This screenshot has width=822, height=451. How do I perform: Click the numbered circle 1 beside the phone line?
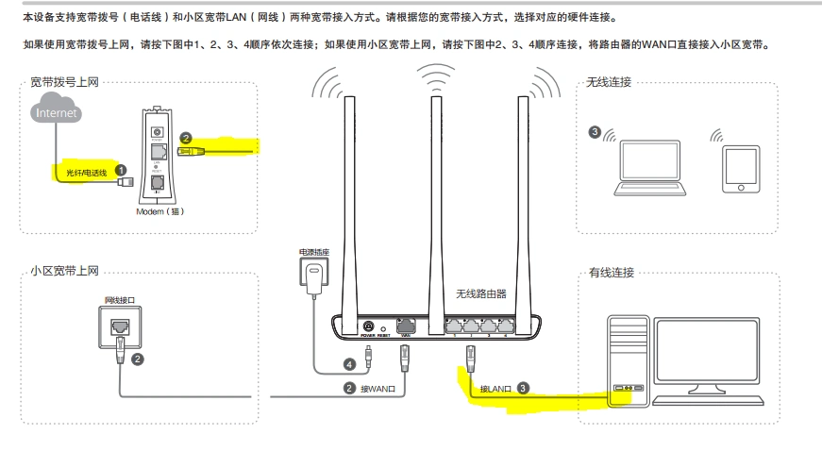[x=121, y=170]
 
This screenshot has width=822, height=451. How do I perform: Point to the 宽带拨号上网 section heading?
[x=63, y=83]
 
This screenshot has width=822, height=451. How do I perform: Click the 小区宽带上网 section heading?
[x=63, y=272]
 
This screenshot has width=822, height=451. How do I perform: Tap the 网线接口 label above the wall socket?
[x=119, y=299]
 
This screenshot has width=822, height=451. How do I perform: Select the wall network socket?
[x=119, y=326]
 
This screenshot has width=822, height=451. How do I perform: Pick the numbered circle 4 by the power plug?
[x=349, y=363]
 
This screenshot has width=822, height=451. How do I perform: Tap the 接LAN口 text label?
[x=495, y=388]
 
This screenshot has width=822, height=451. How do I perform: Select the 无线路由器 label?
[x=481, y=293]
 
